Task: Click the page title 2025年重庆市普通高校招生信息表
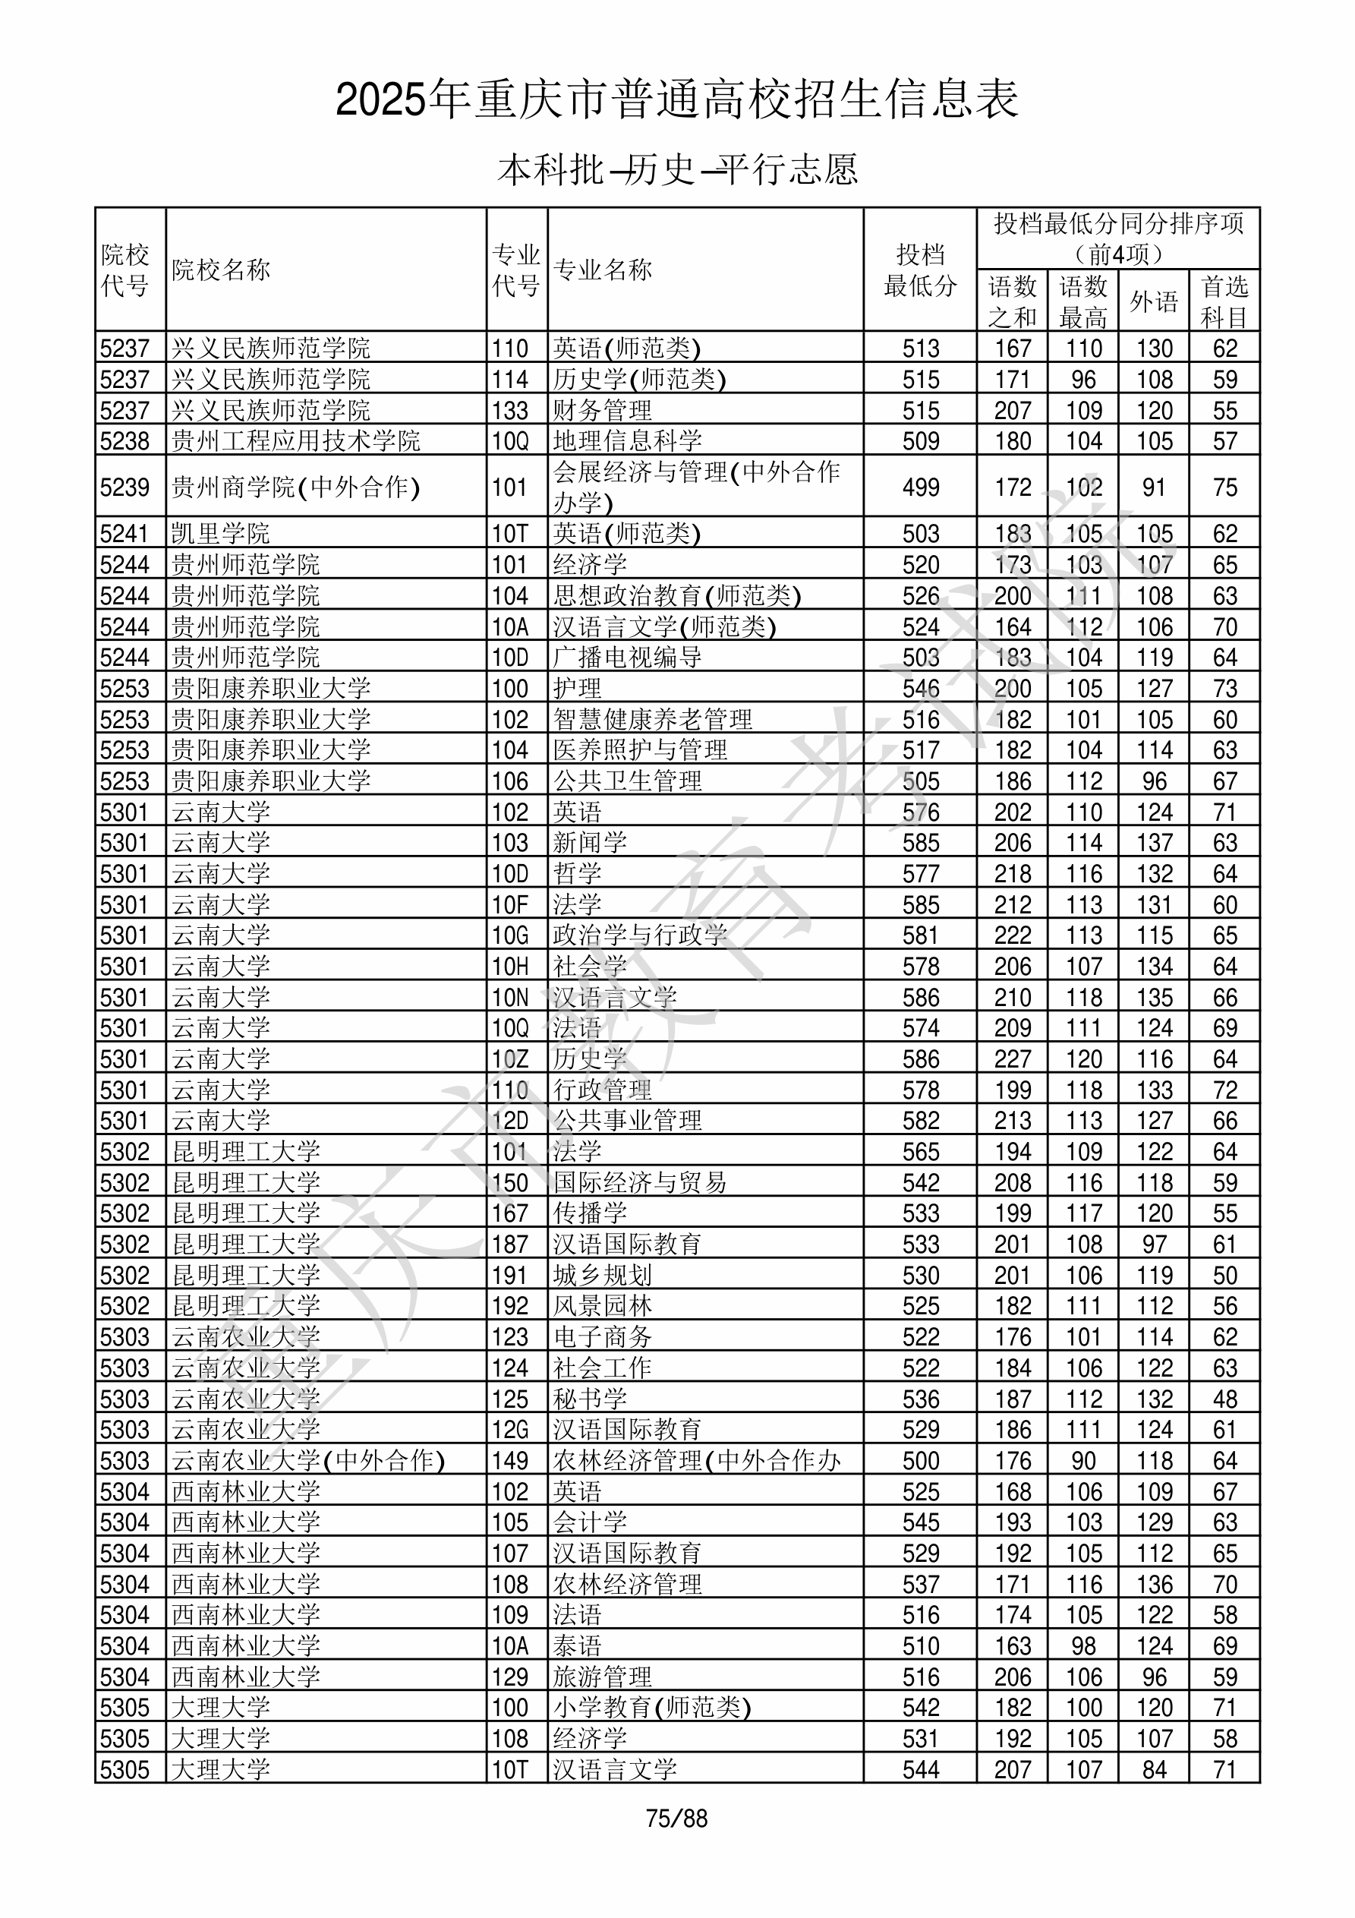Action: click(676, 99)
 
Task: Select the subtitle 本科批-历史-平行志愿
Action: click(676, 169)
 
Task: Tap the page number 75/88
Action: click(676, 1818)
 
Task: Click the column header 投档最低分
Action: click(920, 270)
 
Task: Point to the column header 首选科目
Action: click(1224, 301)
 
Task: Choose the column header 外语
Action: click(1154, 301)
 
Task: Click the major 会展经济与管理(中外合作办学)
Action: click(696, 486)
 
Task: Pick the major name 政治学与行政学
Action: click(640, 935)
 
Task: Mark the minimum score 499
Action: click(920, 487)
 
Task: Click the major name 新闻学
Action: click(590, 842)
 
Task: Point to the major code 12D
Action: click(510, 1120)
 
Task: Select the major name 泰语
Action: click(577, 1645)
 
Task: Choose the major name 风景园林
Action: click(602, 1306)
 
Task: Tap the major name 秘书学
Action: click(590, 1399)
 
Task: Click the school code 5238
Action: click(124, 440)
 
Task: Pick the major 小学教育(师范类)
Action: click(651, 1708)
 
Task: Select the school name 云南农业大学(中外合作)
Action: click(308, 1460)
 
